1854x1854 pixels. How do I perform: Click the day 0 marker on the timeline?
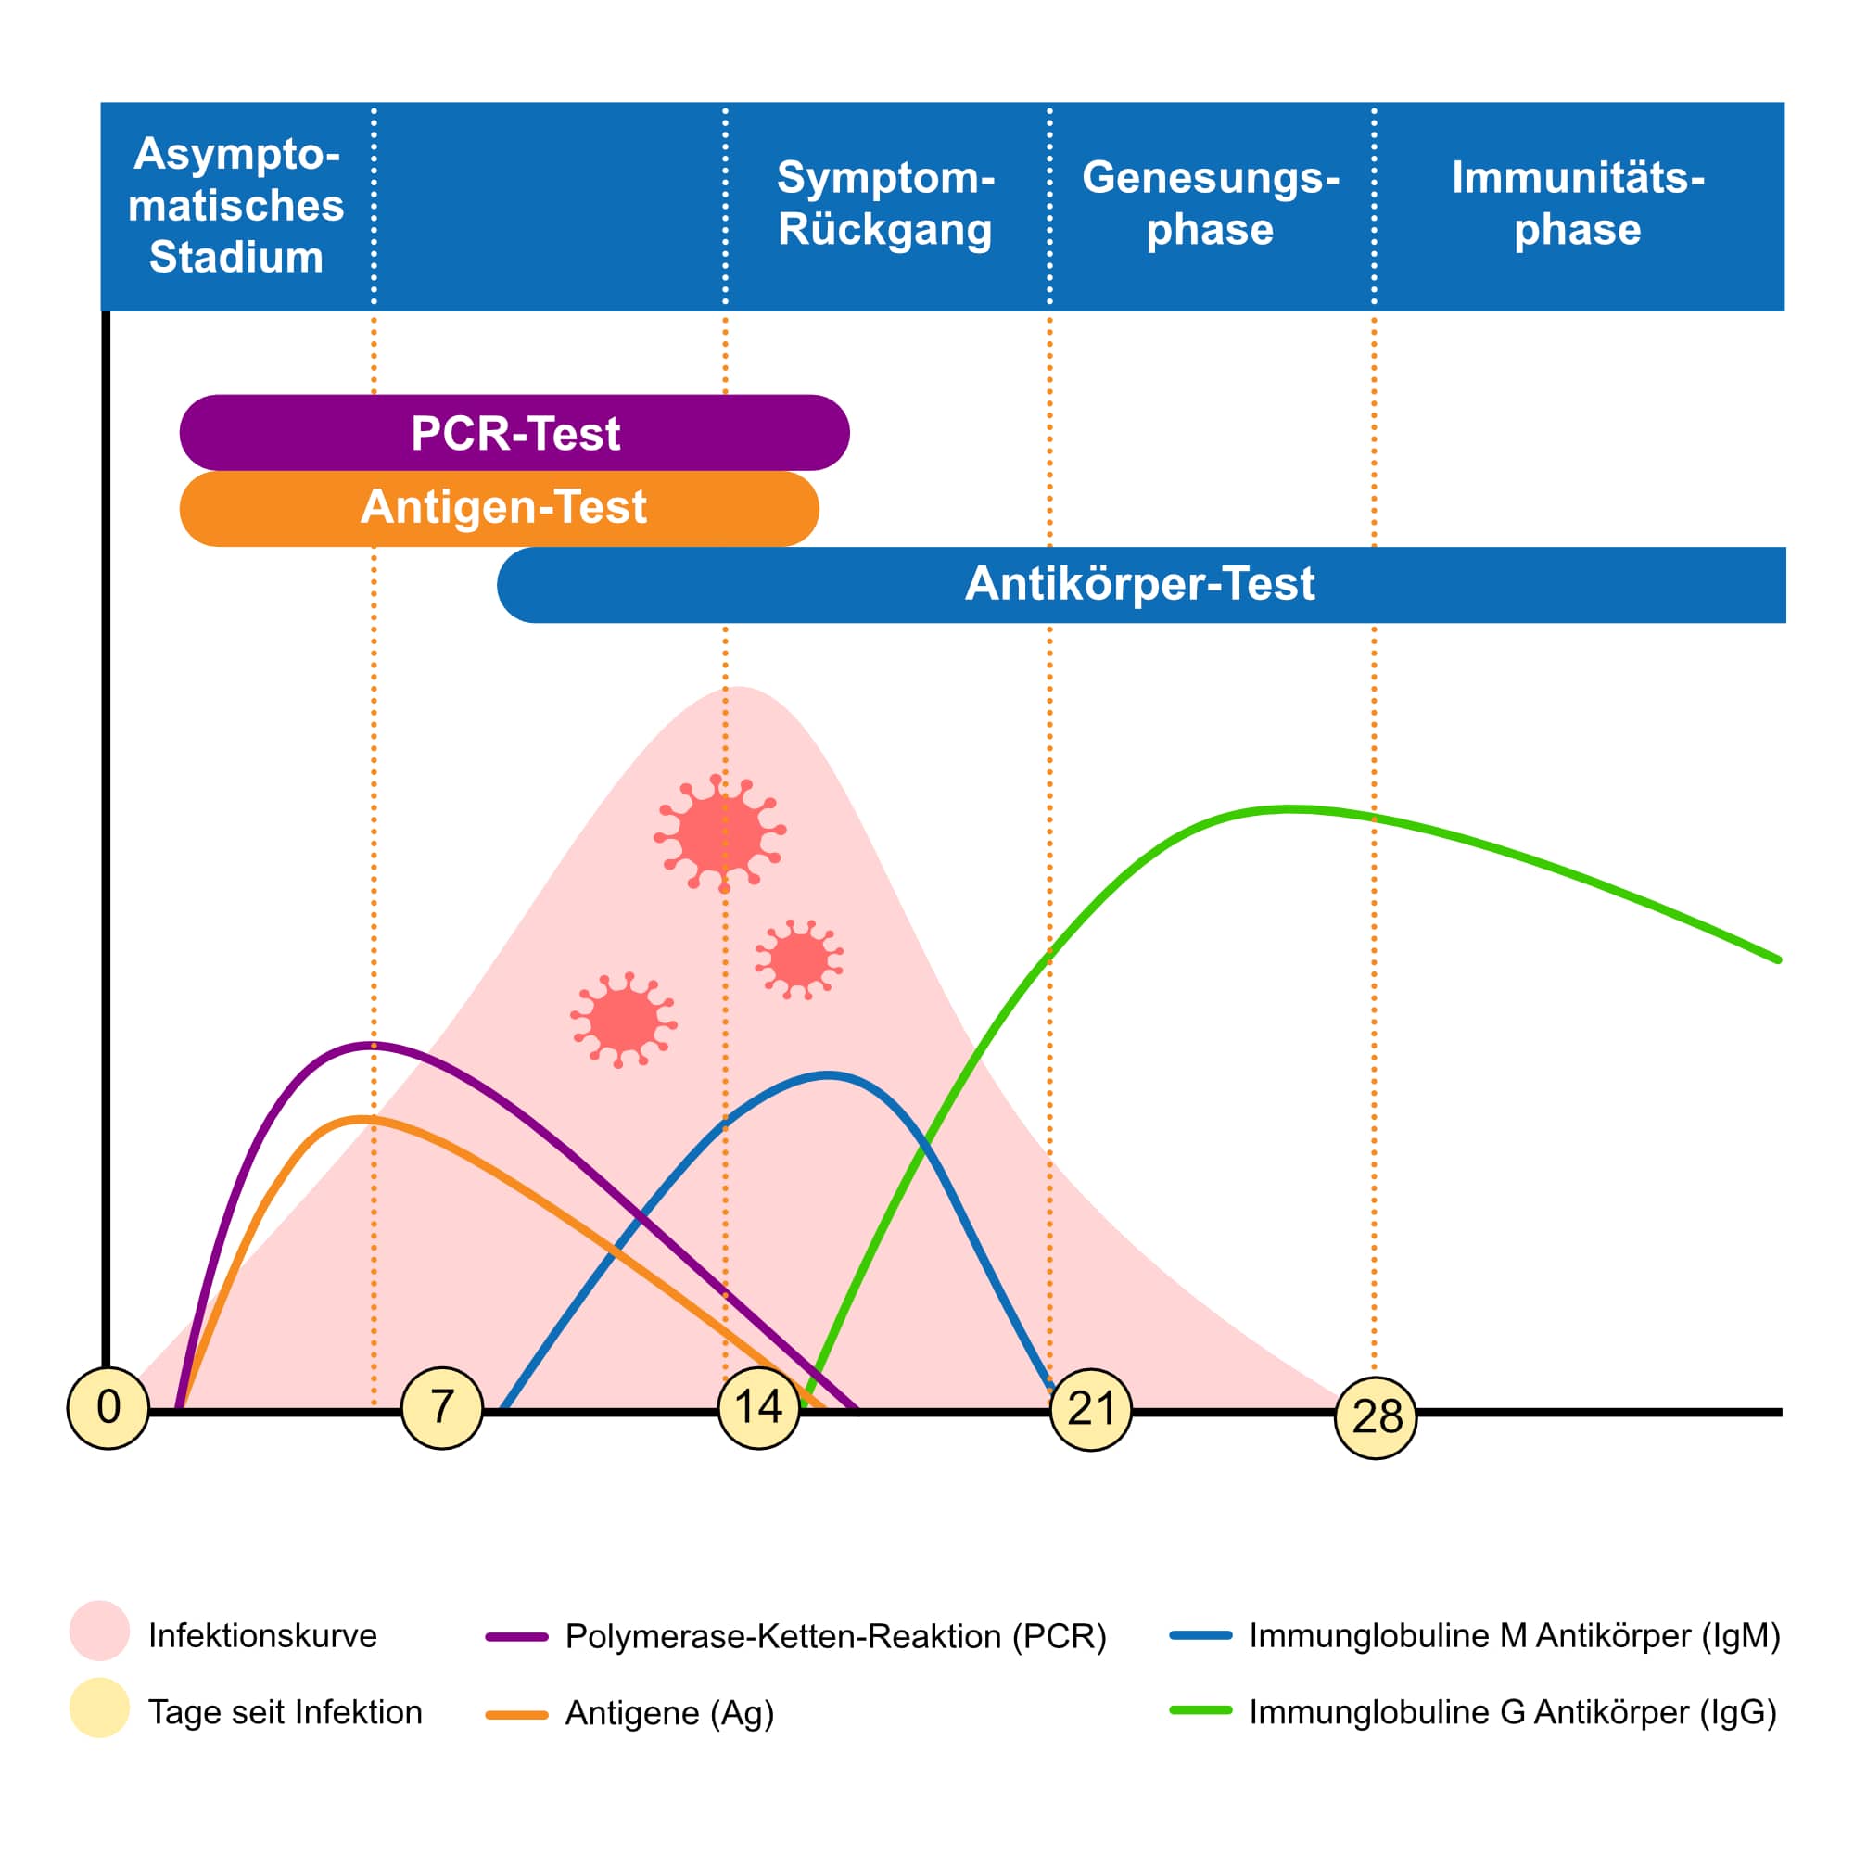108,1408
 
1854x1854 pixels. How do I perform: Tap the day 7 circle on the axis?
442,1408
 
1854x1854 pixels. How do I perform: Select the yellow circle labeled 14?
759,1408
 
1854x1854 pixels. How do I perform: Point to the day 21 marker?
1091,1410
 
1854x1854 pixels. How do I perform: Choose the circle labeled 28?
1376,1417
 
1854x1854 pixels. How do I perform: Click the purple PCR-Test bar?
514,433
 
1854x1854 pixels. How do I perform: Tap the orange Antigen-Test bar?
499,509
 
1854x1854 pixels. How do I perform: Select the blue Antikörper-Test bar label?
1140,583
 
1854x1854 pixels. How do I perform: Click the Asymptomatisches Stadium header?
236,206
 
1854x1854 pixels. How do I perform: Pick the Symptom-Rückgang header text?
884,203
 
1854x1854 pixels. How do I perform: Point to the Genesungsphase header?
1210,203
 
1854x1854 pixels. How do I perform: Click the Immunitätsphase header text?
1578,203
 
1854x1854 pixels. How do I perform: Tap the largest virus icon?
719,833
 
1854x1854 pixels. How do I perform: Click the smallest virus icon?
798,959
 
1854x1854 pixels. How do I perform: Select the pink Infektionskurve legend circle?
100,1631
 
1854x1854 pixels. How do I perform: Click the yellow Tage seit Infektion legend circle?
100,1708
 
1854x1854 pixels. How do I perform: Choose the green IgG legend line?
1200,1710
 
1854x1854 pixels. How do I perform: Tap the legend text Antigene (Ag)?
670,1713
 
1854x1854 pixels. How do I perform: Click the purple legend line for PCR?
517,1637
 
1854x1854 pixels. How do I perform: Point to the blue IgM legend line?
1200,1634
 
